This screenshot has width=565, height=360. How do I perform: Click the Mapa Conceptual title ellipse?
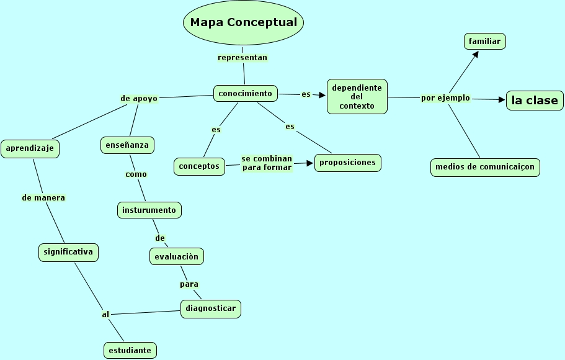[x=243, y=23]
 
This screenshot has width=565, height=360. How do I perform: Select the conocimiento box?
[x=245, y=94]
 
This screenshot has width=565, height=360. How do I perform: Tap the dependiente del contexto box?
[x=357, y=96]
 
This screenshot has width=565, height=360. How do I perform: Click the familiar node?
[x=484, y=42]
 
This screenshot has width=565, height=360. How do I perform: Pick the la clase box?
[x=534, y=101]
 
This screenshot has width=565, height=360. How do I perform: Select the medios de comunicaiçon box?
[x=484, y=167]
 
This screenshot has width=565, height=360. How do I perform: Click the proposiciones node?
[x=347, y=163]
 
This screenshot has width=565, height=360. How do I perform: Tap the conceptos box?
[x=199, y=166]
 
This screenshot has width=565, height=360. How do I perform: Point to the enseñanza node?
[x=127, y=145]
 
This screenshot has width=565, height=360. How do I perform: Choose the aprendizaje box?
[x=30, y=149]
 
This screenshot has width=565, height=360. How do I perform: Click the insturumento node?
[x=149, y=210]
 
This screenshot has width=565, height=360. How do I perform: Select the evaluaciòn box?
[x=177, y=256]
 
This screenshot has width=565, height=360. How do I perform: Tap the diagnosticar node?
[x=211, y=308]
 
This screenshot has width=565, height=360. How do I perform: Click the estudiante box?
[x=130, y=350]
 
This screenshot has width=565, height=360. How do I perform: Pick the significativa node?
[x=68, y=252]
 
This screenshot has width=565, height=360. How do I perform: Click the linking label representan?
[x=242, y=58]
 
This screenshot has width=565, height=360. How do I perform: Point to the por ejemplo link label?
[x=445, y=98]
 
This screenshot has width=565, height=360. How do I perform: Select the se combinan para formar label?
[x=267, y=163]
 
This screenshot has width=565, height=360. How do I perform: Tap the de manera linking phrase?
[x=43, y=198]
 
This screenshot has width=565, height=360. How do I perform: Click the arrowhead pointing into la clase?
[x=502, y=99]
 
